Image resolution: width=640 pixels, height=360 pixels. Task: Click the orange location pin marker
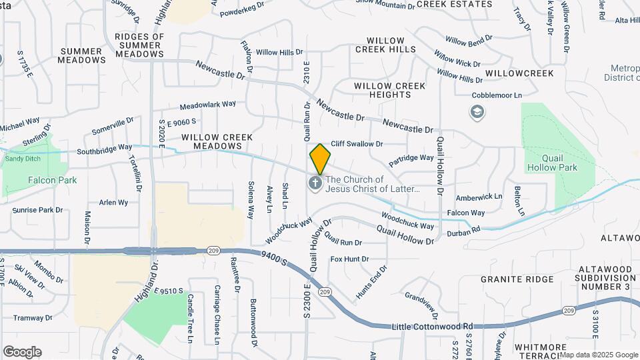[x=321, y=159]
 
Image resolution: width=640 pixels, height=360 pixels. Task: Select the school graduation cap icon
[x=477, y=112]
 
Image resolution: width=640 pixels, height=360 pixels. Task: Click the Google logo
[x=22, y=352]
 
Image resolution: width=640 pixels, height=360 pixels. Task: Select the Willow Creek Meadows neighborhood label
[x=217, y=141]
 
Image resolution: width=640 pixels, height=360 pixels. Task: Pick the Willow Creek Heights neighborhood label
[x=391, y=90]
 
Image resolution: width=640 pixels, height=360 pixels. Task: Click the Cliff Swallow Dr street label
[x=357, y=143]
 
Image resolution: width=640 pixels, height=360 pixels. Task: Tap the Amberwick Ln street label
[x=479, y=197]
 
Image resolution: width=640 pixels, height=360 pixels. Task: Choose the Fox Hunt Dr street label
[x=349, y=259]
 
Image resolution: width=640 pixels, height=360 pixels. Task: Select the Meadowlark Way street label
[x=208, y=105]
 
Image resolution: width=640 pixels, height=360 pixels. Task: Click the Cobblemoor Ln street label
[x=497, y=96]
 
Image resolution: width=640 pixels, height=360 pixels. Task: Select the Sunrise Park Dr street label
[x=37, y=210]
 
